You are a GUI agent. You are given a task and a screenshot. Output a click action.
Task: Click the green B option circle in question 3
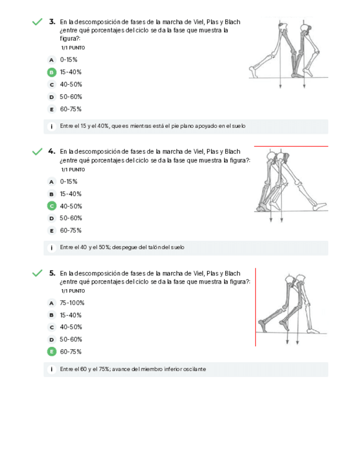point(52,72)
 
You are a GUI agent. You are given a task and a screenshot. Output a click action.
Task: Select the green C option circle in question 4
point(52,206)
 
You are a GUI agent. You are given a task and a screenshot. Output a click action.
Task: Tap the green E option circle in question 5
point(52,351)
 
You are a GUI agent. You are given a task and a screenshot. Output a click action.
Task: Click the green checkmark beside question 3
point(37,21)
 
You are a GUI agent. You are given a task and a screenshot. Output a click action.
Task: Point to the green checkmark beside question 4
point(37,151)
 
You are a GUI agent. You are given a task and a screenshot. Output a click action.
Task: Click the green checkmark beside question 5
point(37,273)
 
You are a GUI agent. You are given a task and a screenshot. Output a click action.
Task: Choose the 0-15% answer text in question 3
point(68,59)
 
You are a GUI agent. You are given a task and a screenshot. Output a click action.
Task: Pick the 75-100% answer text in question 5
point(72,303)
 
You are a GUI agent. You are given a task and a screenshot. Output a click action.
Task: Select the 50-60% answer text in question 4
point(71,218)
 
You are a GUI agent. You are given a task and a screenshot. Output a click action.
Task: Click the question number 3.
point(52,21)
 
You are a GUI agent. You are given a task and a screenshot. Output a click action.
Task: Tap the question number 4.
point(52,151)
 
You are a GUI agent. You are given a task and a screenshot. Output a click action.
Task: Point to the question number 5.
point(52,273)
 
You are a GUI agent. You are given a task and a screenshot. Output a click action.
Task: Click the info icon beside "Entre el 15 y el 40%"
point(52,126)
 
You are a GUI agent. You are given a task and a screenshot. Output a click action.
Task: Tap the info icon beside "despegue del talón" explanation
point(52,248)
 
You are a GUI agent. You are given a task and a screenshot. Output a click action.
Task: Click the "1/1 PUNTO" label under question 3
point(73,48)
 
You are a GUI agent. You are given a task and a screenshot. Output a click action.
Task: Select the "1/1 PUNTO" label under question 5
point(73,291)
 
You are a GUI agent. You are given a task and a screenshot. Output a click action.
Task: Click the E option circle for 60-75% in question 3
point(52,109)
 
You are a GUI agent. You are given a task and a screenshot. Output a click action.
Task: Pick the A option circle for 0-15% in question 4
point(52,182)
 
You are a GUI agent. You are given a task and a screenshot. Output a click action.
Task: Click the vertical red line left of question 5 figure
point(255,307)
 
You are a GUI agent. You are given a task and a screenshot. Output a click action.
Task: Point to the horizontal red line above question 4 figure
point(291,146)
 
